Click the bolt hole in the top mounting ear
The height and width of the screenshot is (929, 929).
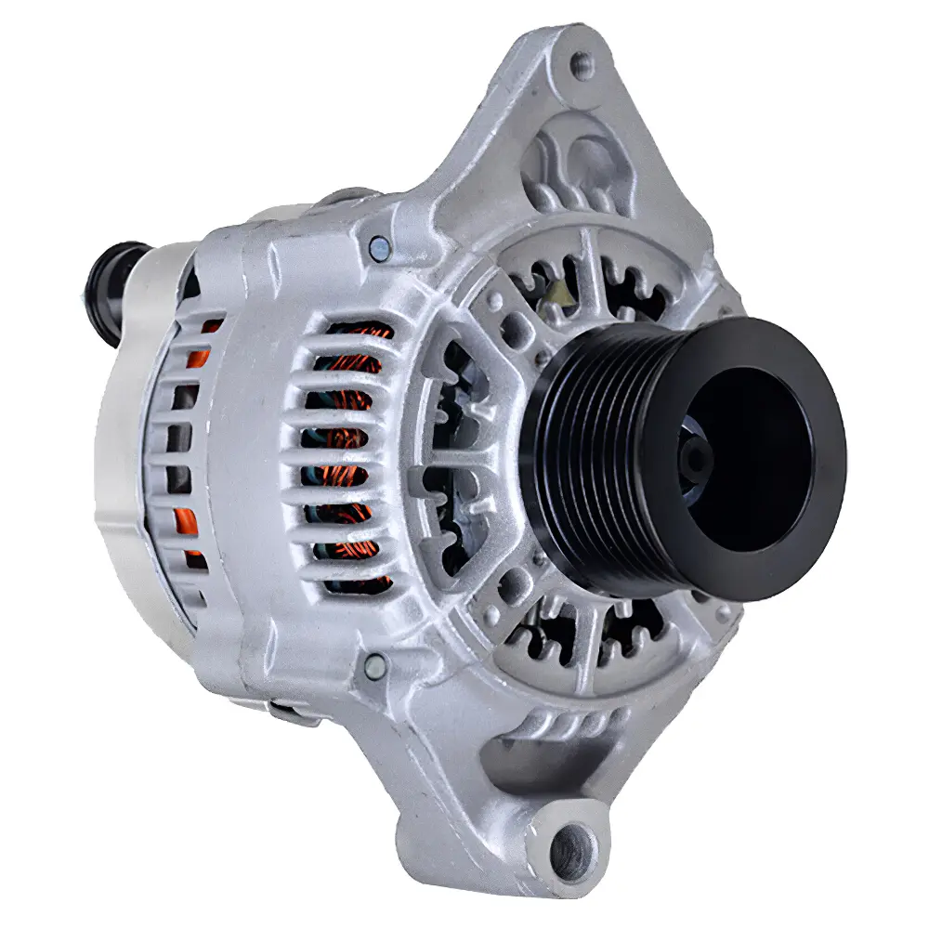pos(582,64)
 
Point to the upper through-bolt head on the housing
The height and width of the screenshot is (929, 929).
pos(378,248)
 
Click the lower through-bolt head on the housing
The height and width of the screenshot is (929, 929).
pos(374,663)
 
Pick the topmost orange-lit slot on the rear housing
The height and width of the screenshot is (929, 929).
pos(212,326)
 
